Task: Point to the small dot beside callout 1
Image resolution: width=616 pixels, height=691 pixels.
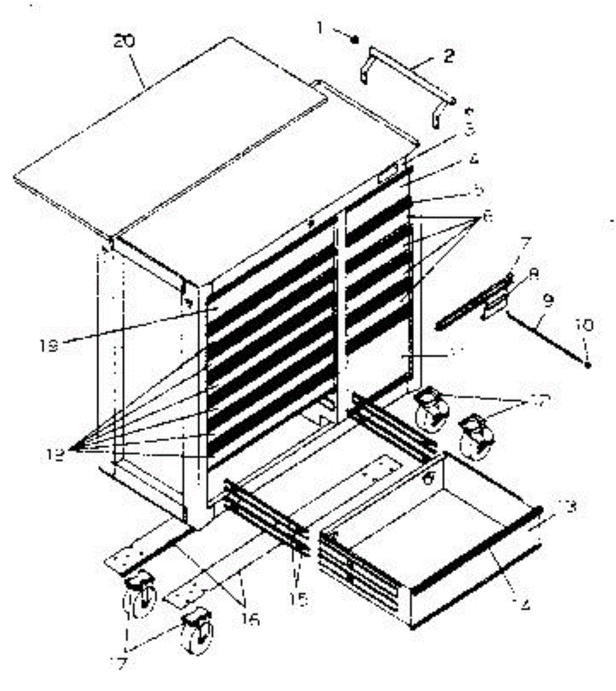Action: (x=356, y=39)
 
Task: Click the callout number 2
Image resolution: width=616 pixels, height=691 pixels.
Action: (x=448, y=55)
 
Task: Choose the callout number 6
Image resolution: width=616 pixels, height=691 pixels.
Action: (x=487, y=217)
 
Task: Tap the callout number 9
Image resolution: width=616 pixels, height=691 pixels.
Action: (x=547, y=300)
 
